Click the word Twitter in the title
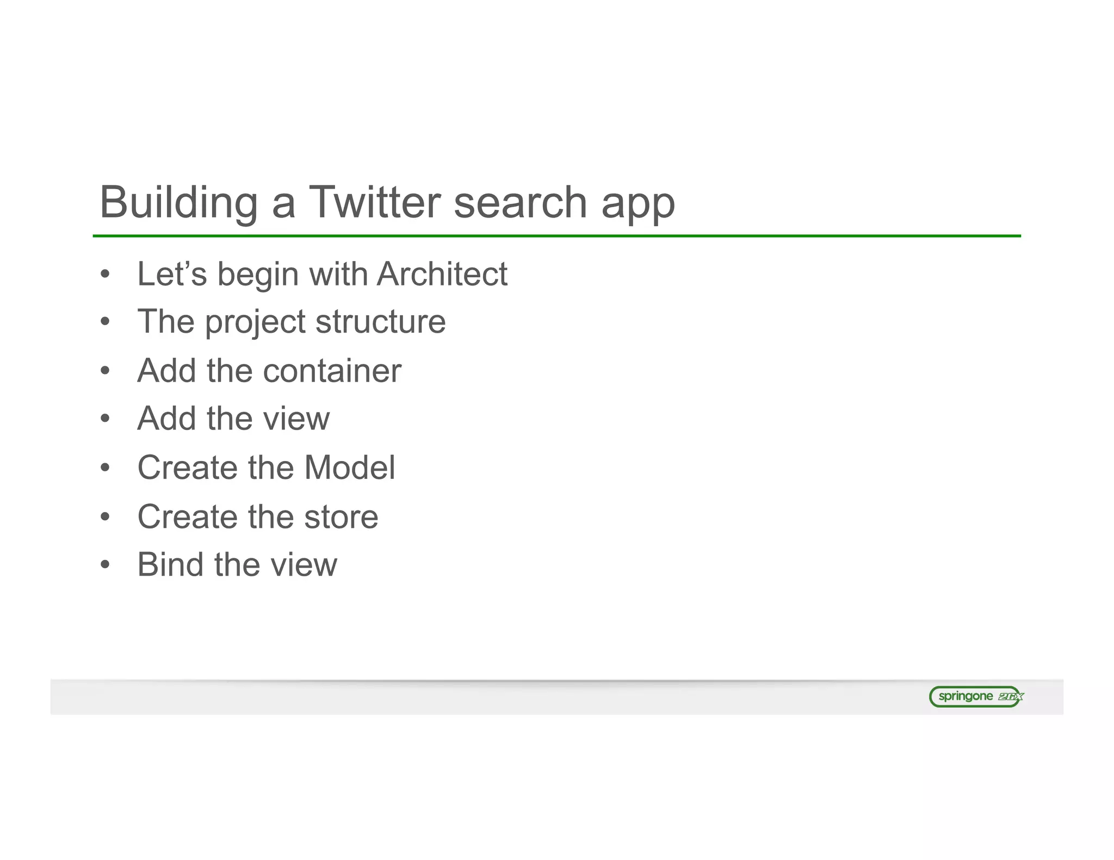[x=375, y=202]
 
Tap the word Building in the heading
[x=178, y=202]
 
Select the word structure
[x=380, y=321]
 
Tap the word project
[x=255, y=323]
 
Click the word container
[x=332, y=371]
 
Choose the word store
[x=341, y=516]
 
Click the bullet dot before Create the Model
[x=106, y=468]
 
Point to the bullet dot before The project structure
[x=106, y=322]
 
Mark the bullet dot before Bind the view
[x=106, y=565]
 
